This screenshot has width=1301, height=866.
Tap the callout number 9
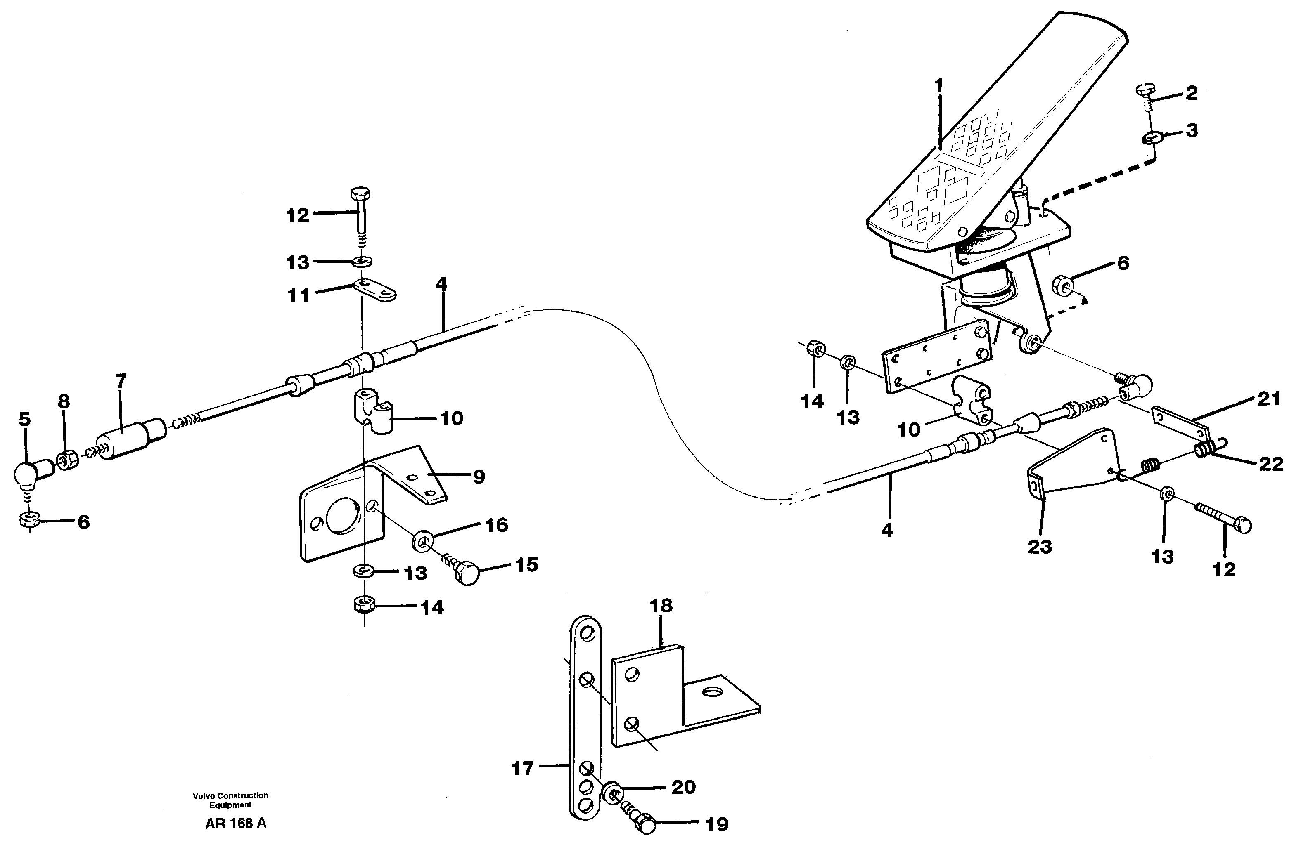click(479, 476)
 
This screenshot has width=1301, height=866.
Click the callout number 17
click(522, 768)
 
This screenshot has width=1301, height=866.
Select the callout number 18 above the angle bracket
click(661, 606)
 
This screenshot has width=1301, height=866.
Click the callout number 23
click(1039, 547)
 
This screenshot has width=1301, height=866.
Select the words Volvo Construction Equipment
click(230, 800)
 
